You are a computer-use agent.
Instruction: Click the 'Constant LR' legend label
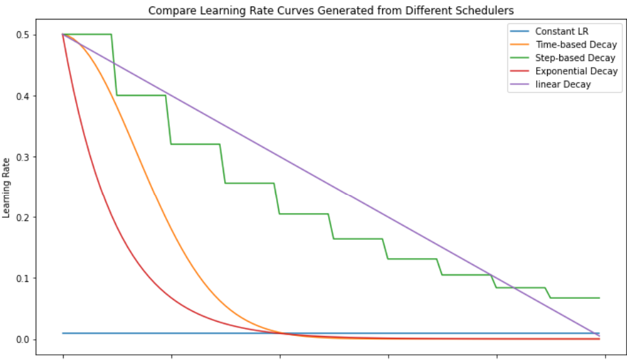point(561,31)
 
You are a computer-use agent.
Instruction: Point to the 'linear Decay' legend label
point(563,84)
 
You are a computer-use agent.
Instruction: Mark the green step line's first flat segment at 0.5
point(88,34)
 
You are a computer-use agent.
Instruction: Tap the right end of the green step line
point(598,298)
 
